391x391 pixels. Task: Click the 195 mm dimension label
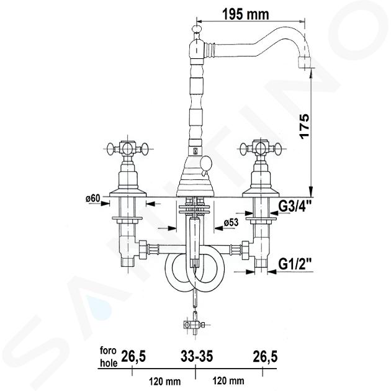click(246, 14)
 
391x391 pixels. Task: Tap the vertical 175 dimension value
click(305, 126)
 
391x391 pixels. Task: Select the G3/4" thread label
click(295, 206)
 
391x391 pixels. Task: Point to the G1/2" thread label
click(295, 264)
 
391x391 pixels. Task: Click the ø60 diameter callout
click(92, 199)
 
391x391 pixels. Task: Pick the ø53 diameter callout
click(231, 222)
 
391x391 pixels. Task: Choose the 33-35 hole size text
click(197, 356)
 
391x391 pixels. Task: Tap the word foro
click(108, 351)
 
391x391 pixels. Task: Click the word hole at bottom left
click(109, 363)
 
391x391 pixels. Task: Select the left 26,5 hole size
click(133, 356)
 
